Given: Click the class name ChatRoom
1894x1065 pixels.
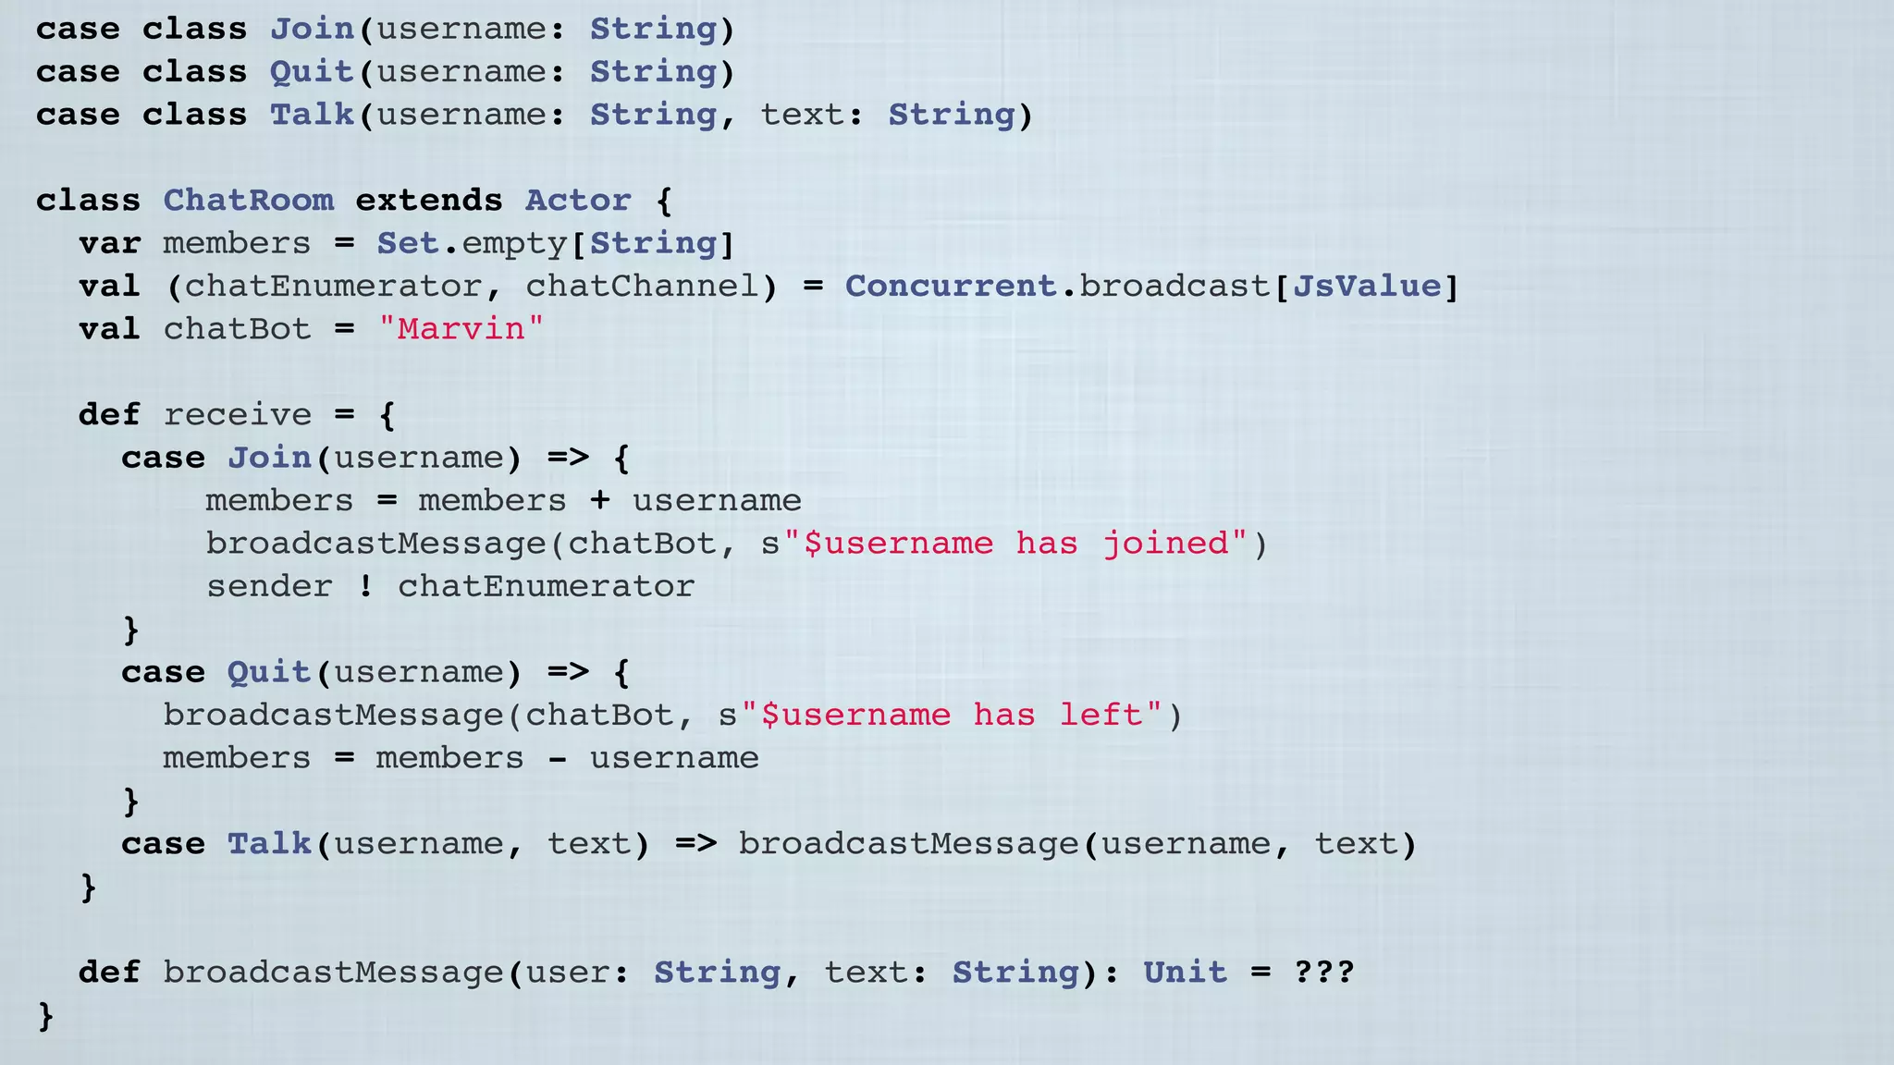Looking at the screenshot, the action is (x=248, y=201).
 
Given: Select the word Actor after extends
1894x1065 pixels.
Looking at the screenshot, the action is (x=578, y=201).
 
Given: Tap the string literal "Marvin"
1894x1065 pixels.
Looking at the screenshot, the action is (x=461, y=329).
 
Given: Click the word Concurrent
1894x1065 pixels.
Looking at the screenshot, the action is (x=951, y=287).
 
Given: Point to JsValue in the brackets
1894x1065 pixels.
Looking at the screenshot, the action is (x=1366, y=287).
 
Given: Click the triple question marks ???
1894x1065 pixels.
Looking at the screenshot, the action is (x=1323, y=973).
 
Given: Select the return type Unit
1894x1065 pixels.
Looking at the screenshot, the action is (x=1185, y=973).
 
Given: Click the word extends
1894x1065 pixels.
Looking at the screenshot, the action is (x=429, y=201).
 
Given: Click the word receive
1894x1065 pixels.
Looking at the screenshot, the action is (x=238, y=415).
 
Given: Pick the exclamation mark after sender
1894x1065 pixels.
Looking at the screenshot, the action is (x=366, y=586).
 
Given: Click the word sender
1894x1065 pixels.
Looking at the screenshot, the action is (x=268, y=587).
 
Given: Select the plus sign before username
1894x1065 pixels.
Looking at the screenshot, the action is (x=600, y=501).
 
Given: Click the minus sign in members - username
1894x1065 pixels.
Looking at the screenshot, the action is (x=557, y=759).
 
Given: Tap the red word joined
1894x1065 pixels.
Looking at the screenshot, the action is (x=1165, y=544).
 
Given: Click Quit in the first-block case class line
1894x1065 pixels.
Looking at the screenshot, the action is (x=312, y=72).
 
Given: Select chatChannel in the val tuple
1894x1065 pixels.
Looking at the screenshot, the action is (x=642, y=287).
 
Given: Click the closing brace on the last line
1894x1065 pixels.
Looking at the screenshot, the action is (x=45, y=1016).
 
